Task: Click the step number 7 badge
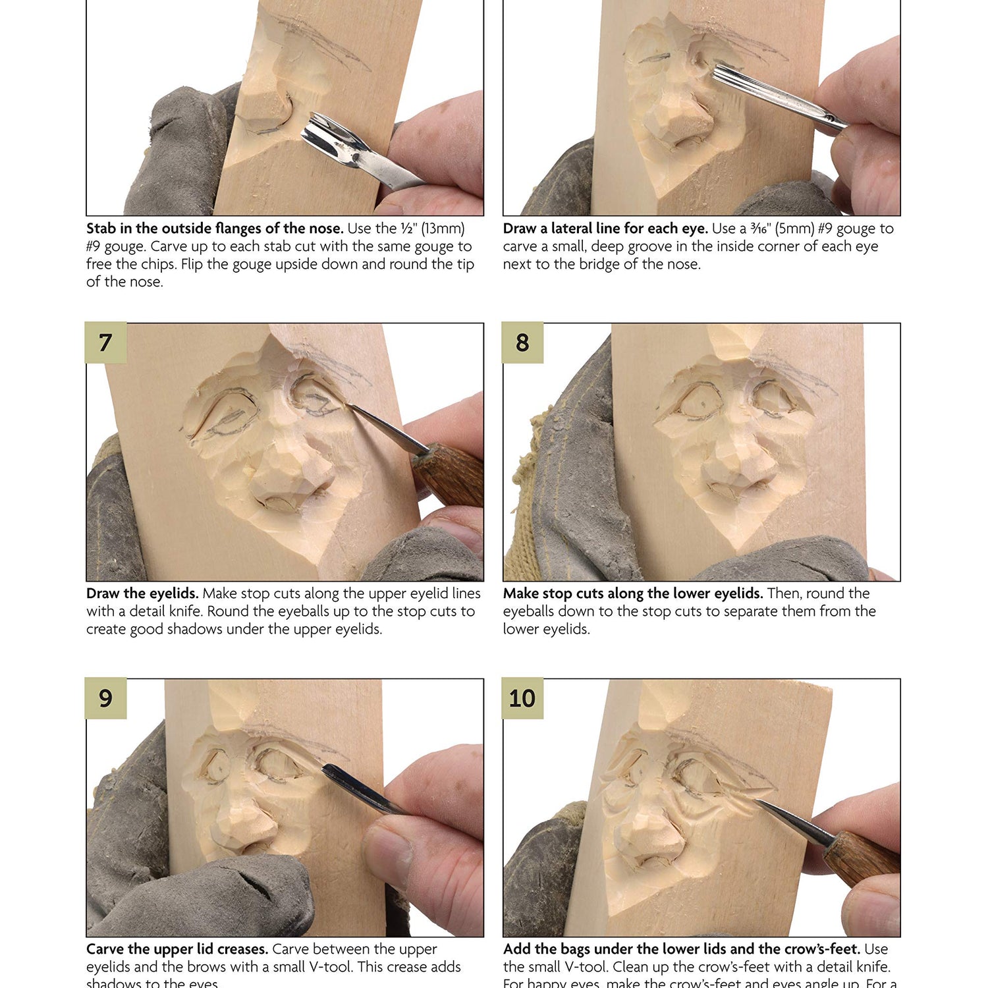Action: point(105,343)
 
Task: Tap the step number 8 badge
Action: point(522,343)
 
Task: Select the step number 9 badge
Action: point(105,698)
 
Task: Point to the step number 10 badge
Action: point(522,698)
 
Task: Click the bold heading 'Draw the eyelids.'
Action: point(142,593)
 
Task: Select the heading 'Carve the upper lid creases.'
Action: point(177,949)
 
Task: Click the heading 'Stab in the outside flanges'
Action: point(215,229)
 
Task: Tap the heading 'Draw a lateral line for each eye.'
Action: point(605,229)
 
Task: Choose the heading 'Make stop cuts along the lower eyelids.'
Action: point(633,593)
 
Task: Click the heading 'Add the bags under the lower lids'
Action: point(681,949)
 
